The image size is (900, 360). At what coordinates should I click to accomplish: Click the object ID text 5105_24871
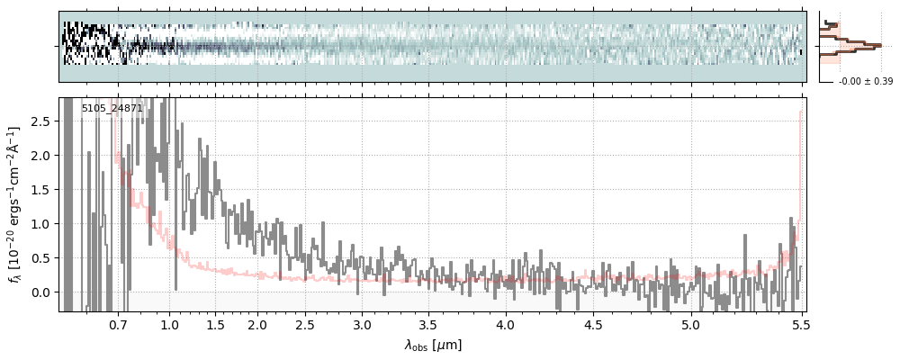tap(112, 108)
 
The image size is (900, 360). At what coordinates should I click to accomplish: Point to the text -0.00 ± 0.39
tap(859, 82)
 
